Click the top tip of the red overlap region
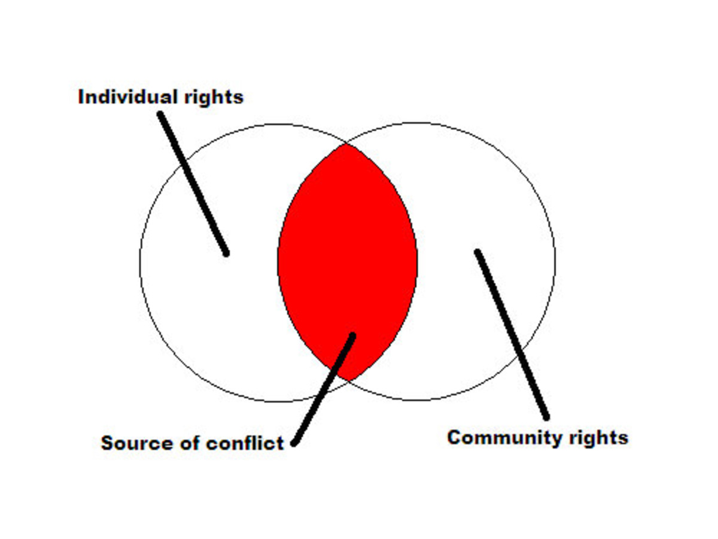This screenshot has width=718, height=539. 346,144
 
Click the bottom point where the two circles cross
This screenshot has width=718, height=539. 348,381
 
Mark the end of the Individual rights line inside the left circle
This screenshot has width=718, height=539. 226,253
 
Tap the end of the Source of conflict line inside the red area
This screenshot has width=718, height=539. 352,335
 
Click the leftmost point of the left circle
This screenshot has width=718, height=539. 140,262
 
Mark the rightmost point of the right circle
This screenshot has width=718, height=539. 555,262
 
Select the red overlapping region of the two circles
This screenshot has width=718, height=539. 348,262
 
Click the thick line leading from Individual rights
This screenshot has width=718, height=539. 193,184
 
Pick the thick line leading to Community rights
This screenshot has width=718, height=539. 512,334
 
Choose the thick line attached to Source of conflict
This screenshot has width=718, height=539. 323,389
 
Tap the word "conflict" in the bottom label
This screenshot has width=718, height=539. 245,443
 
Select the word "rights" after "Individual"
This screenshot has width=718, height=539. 214,98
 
